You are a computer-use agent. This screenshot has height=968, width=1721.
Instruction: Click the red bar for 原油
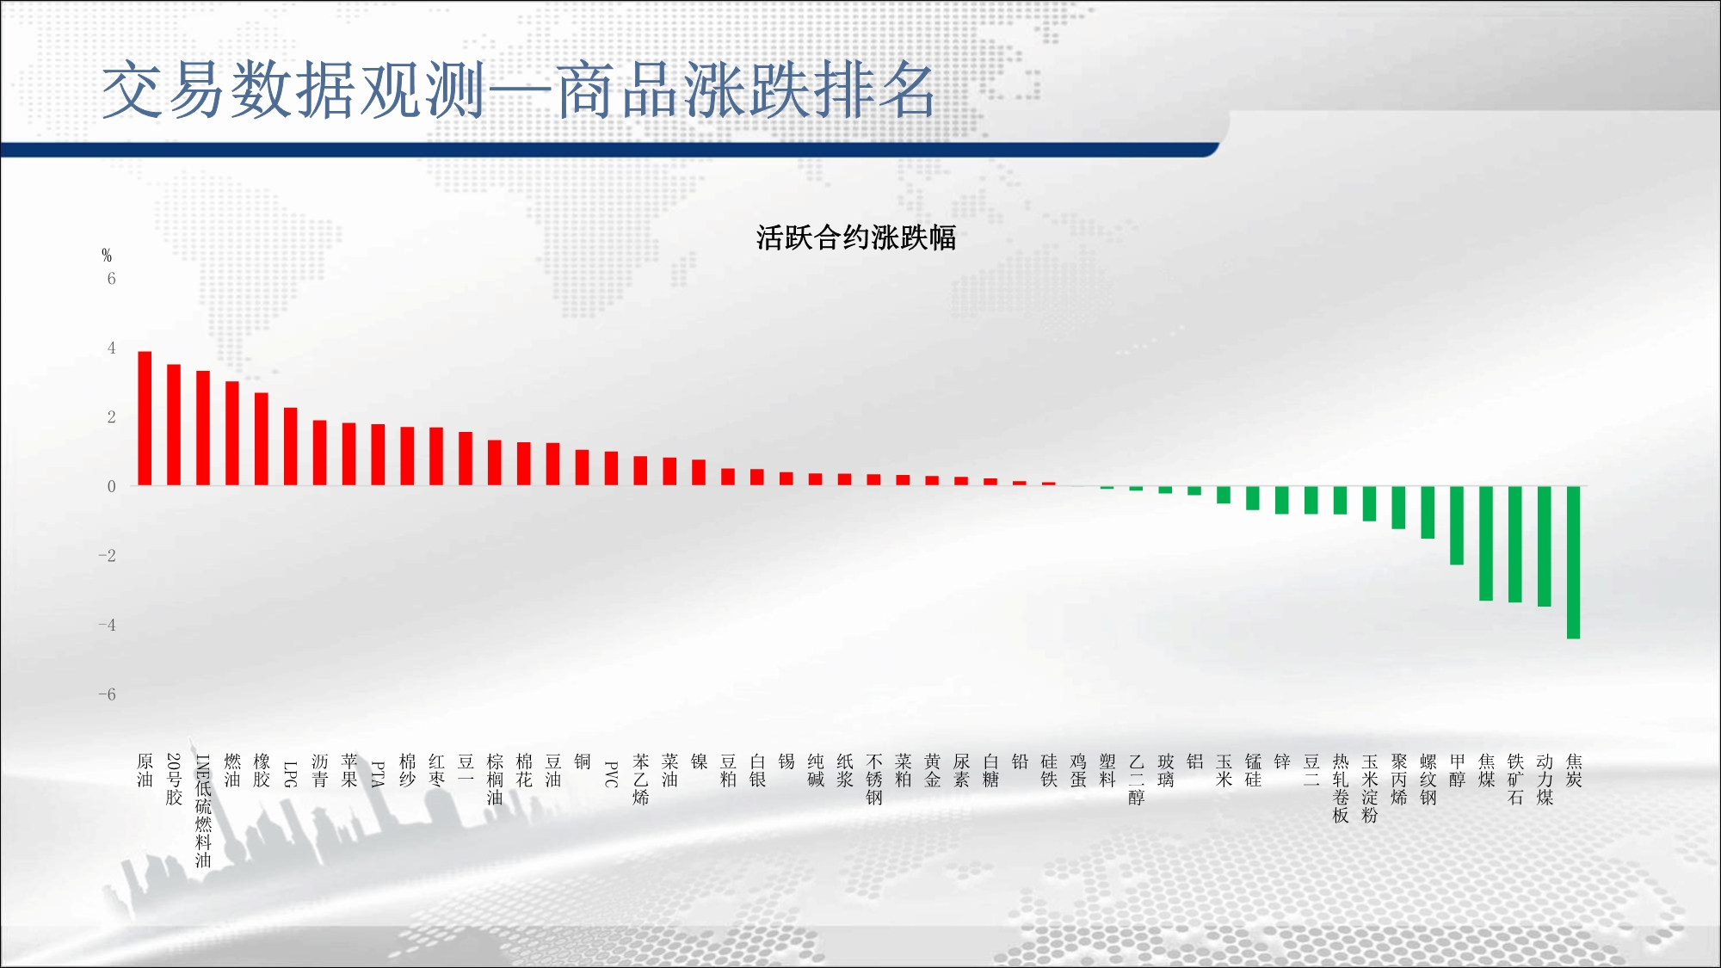(145, 418)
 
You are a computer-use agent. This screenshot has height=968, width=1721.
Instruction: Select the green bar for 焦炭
(1573, 563)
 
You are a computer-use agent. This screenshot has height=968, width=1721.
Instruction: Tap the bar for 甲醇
(1456, 526)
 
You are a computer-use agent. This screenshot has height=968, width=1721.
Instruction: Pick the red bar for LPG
(290, 447)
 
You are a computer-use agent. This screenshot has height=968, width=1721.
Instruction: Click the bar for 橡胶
(261, 440)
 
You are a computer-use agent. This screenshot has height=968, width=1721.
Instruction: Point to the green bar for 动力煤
(1544, 546)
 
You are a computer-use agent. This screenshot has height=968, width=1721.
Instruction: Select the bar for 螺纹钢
(1428, 513)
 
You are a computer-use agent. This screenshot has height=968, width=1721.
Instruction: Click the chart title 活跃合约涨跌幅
(856, 237)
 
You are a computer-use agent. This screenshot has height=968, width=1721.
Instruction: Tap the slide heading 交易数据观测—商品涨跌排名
(518, 89)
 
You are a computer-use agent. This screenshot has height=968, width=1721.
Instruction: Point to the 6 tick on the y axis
(111, 278)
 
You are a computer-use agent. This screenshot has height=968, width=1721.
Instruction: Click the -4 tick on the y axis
(107, 625)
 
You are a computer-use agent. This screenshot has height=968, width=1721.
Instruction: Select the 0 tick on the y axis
(111, 486)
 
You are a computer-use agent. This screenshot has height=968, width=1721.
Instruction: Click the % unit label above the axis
(107, 255)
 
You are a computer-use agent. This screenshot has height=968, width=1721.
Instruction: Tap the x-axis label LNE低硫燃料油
(203, 811)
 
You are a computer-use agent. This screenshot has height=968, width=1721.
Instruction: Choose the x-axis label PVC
(611, 774)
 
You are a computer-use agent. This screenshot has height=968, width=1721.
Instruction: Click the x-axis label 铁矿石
(1515, 780)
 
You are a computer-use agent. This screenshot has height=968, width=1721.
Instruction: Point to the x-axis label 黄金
(932, 771)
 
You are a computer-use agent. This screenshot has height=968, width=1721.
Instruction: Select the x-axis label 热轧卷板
(1341, 788)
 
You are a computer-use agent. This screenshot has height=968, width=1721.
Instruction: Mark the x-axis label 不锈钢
(874, 780)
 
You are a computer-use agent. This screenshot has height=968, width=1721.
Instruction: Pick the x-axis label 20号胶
(174, 780)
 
